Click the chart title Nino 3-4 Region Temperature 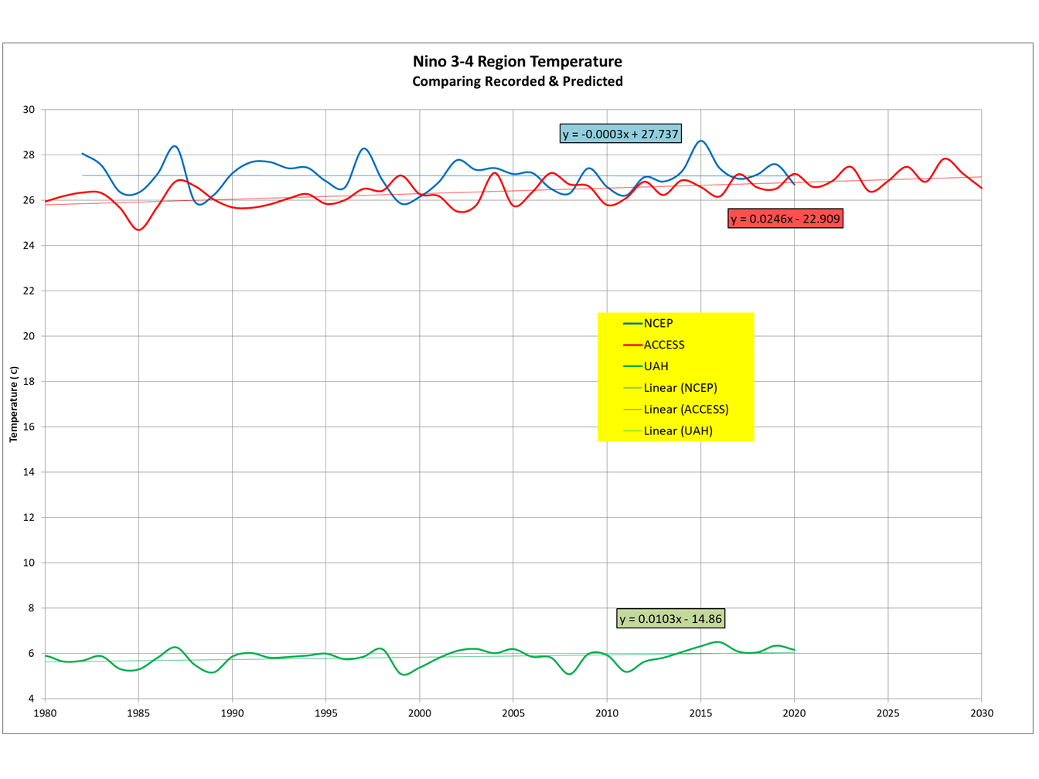coord(517,62)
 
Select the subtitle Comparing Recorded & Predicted coord(517,82)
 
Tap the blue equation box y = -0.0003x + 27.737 coord(621,134)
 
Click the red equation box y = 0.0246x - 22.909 coord(785,219)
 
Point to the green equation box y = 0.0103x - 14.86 coord(670,618)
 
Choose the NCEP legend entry coord(658,324)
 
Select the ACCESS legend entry coord(664,345)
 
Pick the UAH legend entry coord(656,366)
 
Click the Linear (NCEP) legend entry coord(680,388)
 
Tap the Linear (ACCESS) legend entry coord(686,410)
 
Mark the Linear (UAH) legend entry coord(678,431)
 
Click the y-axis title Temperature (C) coord(13,404)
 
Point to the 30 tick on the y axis coord(29,110)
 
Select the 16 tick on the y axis coord(29,427)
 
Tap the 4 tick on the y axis coord(32,699)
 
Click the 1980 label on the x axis coord(45,713)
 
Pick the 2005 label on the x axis coord(513,713)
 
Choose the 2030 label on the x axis coord(982,713)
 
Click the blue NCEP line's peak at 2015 coord(701,141)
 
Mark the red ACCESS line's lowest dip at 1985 coord(139,230)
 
